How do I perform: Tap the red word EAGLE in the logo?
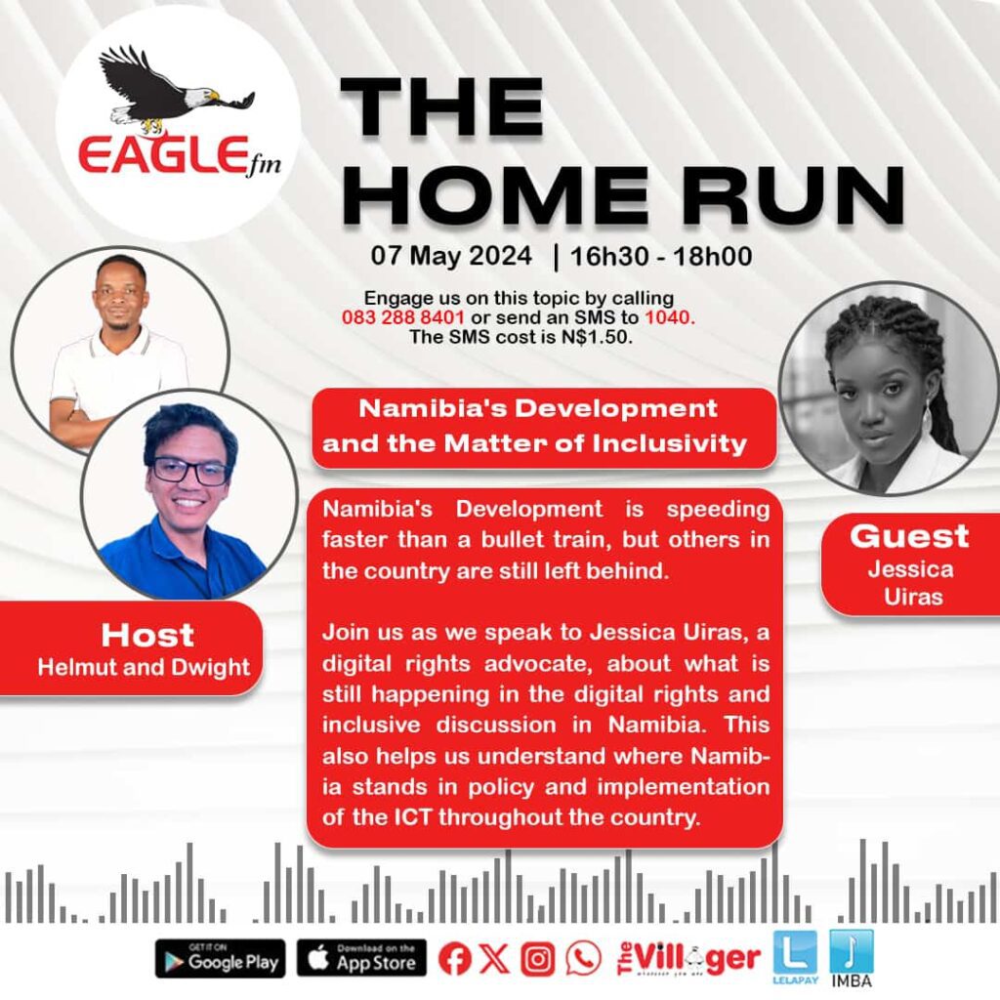[x=163, y=155]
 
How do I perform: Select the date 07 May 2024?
[x=451, y=256]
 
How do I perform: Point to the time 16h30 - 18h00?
[x=661, y=257]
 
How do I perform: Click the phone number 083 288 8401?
[x=403, y=317]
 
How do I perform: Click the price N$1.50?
[x=597, y=337]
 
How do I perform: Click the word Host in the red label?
[x=147, y=635]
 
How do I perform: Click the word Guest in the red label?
[x=909, y=536]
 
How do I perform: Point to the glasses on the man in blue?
[x=189, y=472]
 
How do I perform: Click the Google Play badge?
[x=221, y=959]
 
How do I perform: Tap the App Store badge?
[x=361, y=959]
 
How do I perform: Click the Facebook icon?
[x=455, y=959]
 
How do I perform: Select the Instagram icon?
[x=538, y=959]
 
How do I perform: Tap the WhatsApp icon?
[x=584, y=959]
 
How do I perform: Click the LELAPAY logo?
[x=795, y=957]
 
